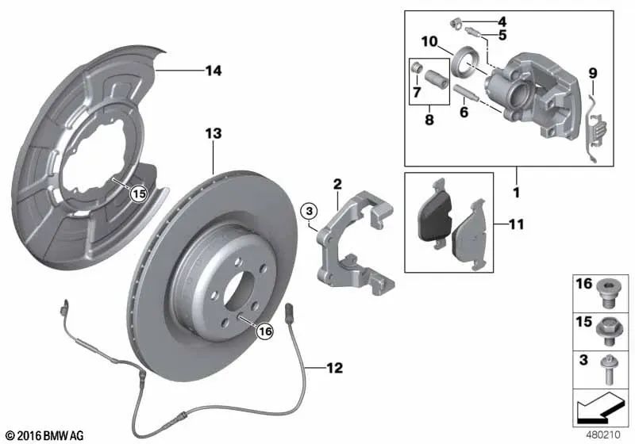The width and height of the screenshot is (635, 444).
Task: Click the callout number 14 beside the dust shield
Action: tap(212, 71)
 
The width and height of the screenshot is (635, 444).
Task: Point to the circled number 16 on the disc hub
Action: tap(264, 332)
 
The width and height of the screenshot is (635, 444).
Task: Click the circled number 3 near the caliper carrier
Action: tap(310, 211)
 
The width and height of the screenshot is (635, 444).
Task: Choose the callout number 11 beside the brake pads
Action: tap(516, 225)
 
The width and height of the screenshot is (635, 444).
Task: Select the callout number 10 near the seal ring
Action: tap(429, 41)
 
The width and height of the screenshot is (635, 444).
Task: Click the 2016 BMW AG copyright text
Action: tap(44, 435)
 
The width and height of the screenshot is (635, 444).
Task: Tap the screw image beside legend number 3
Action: tap(610, 369)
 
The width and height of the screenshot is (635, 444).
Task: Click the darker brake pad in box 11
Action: tap(436, 215)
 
